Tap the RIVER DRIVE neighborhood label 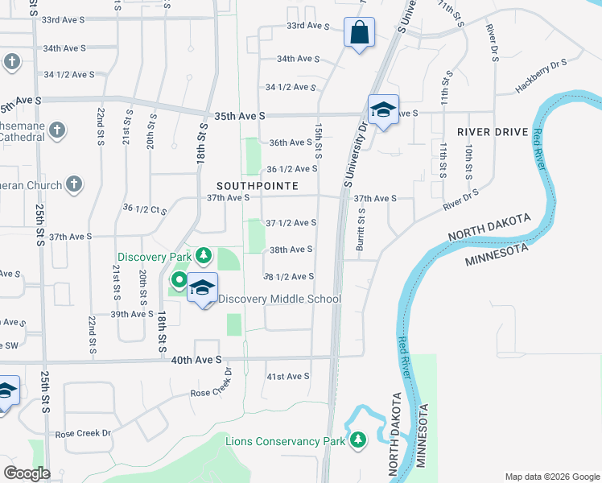(x=493, y=132)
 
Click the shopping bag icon (x=359, y=33)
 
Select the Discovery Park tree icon (x=204, y=257)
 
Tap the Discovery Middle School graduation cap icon (x=202, y=288)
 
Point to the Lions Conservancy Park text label (x=285, y=441)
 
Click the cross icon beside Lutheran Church (x=73, y=185)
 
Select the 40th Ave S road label (x=196, y=360)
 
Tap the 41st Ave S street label (x=288, y=376)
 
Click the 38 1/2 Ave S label (x=289, y=276)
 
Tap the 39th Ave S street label (x=132, y=314)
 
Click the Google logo (x=27, y=473)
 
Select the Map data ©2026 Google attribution (x=551, y=477)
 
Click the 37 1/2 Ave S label (x=291, y=222)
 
